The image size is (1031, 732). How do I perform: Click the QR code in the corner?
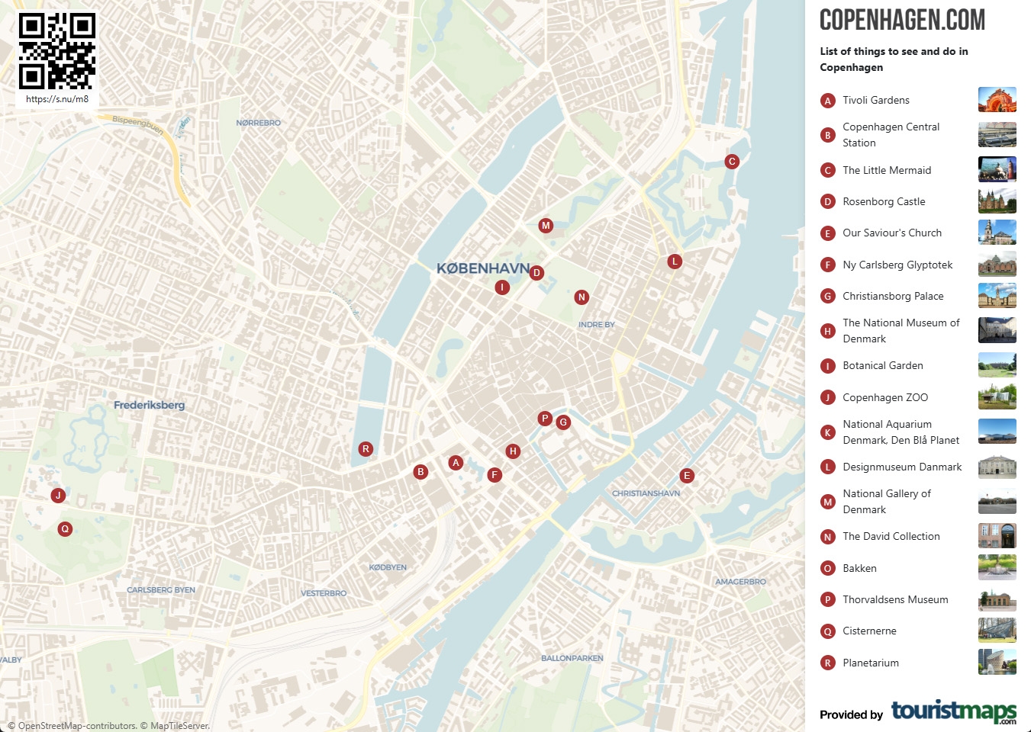(x=57, y=51)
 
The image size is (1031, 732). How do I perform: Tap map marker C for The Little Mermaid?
(x=732, y=161)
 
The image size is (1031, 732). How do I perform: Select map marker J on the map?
(x=58, y=496)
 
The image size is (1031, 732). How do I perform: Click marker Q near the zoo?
(x=65, y=528)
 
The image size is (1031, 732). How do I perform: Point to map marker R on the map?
(x=366, y=449)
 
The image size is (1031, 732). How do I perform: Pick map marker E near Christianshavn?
(x=687, y=476)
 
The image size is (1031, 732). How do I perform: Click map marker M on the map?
(x=546, y=226)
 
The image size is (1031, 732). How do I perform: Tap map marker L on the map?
(x=675, y=262)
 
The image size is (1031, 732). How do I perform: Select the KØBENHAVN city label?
(x=482, y=268)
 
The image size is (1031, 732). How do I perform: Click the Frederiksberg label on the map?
(x=149, y=405)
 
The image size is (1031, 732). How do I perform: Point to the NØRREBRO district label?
(x=258, y=123)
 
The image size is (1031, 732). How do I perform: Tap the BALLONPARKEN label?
(x=572, y=658)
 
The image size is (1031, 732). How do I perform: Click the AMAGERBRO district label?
(x=740, y=582)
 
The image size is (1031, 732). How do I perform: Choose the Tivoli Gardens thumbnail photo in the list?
(x=997, y=100)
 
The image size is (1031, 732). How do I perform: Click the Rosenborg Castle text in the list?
(x=884, y=201)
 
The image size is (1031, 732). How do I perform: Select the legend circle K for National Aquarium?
(x=827, y=432)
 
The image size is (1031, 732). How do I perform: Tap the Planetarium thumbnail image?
(x=997, y=662)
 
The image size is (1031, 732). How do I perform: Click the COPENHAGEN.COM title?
(x=902, y=21)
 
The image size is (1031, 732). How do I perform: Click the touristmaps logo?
(x=953, y=711)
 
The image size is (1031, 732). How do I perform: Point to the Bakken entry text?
(x=859, y=568)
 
